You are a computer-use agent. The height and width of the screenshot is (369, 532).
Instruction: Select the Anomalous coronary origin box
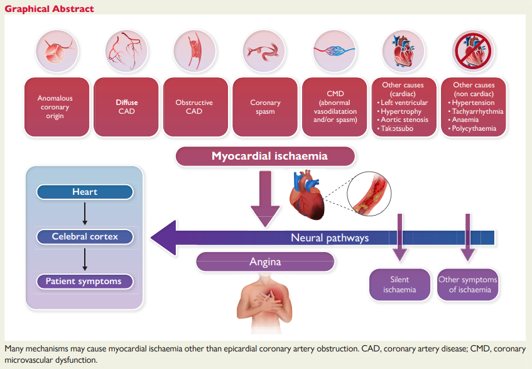pos(55,107)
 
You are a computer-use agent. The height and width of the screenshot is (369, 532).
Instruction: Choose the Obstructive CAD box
pos(194,107)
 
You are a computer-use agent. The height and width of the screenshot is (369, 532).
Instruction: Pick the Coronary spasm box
pos(264,107)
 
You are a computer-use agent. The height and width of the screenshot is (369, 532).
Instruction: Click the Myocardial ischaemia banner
pos(264,156)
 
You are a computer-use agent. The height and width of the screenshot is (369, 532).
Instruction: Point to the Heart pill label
pos(84,192)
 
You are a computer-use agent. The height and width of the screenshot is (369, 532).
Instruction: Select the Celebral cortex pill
pos(84,237)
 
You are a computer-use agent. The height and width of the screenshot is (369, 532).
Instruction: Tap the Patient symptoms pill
pos(84,281)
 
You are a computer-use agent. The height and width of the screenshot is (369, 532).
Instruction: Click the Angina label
pos(264,262)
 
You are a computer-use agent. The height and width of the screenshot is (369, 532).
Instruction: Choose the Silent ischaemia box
pos(399,285)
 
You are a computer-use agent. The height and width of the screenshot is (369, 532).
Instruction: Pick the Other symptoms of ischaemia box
pos(468,285)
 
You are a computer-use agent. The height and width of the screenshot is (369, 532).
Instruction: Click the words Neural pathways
pos(330,238)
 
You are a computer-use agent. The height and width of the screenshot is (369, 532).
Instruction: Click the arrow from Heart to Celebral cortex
pos(84,214)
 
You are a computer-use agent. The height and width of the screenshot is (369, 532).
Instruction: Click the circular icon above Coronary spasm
pos(264,50)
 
